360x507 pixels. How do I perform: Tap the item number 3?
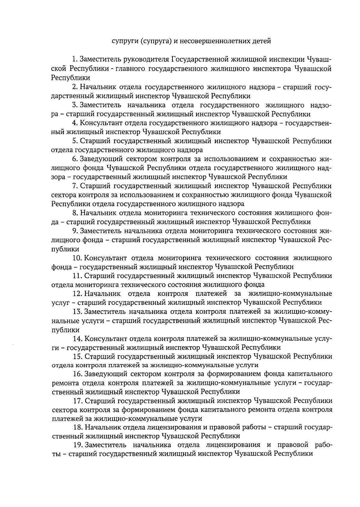click(x=75, y=105)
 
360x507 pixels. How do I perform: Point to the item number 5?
click(x=75, y=141)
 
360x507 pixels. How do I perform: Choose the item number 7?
click(x=75, y=186)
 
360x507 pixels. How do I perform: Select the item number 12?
click(x=77, y=294)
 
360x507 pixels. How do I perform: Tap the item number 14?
click(x=77, y=339)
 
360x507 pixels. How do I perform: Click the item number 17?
click(x=77, y=401)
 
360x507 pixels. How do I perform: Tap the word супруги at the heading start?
click(x=124, y=41)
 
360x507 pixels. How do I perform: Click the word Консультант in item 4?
click(x=98, y=123)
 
